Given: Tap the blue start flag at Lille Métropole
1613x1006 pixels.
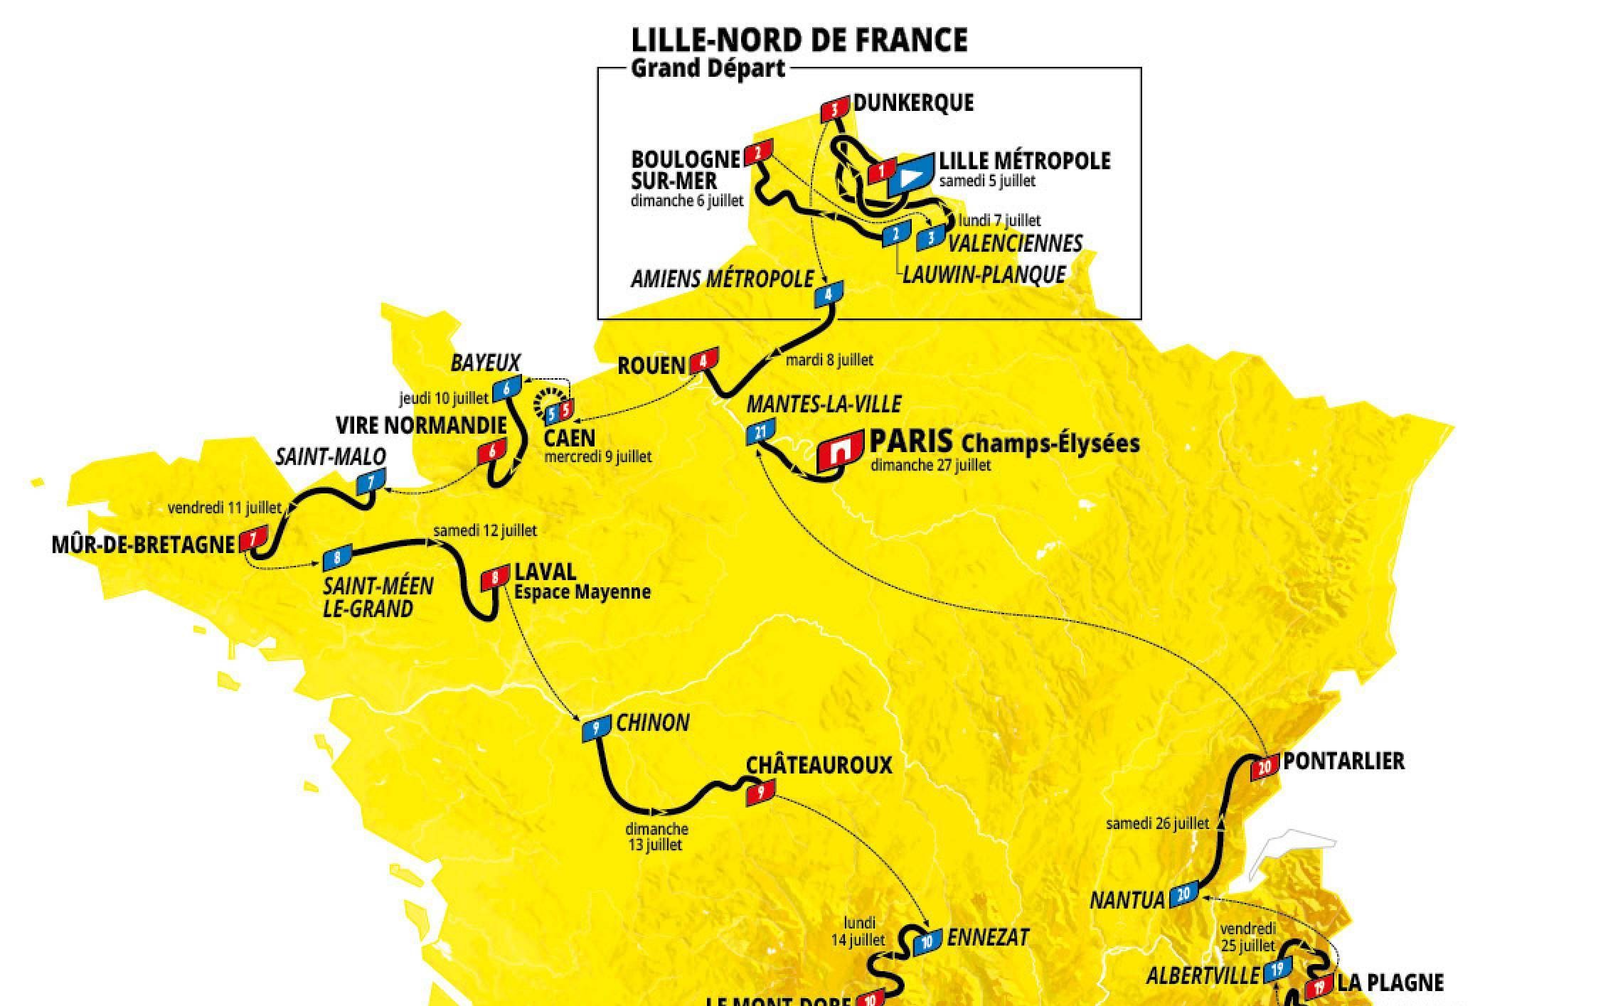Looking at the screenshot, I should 910,174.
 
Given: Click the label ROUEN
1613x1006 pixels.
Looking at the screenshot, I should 651,366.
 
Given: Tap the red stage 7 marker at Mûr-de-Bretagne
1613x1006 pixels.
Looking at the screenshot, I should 253,538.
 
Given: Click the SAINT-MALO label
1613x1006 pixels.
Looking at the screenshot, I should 331,456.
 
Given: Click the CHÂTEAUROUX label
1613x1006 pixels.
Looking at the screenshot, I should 819,765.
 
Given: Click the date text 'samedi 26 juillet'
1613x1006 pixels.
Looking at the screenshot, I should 1157,824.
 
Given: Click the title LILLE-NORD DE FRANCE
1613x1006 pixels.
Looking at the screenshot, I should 799,40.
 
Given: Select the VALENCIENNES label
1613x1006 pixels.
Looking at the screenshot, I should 1015,243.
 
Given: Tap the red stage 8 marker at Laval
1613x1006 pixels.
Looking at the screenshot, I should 495,577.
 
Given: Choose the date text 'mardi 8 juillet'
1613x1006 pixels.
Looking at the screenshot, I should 829,360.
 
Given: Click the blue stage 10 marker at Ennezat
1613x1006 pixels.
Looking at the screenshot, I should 927,943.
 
